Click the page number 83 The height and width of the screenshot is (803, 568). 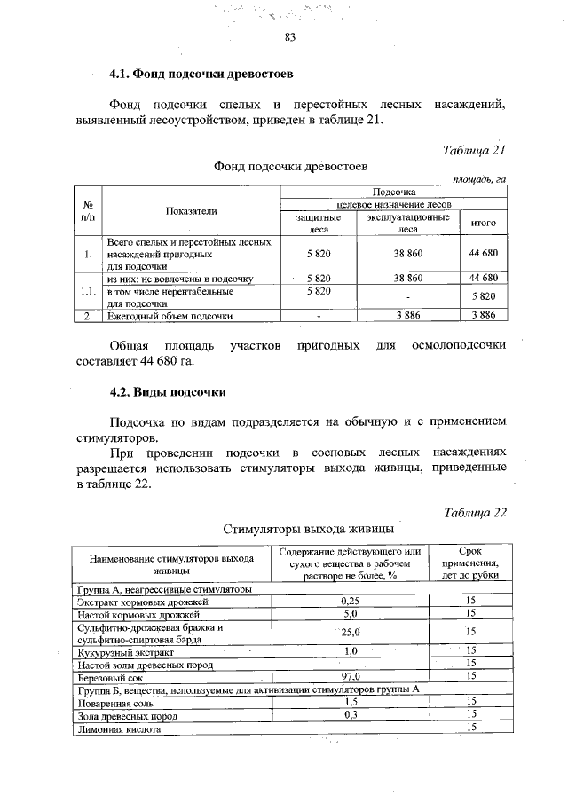[289, 37]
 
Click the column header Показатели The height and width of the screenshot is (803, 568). [190, 210]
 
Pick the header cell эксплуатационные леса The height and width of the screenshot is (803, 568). [407, 222]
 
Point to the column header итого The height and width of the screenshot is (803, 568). [483, 222]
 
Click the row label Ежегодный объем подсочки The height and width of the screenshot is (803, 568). [170, 315]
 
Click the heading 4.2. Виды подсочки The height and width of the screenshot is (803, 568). [168, 391]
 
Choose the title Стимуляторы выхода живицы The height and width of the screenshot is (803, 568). [307, 531]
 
